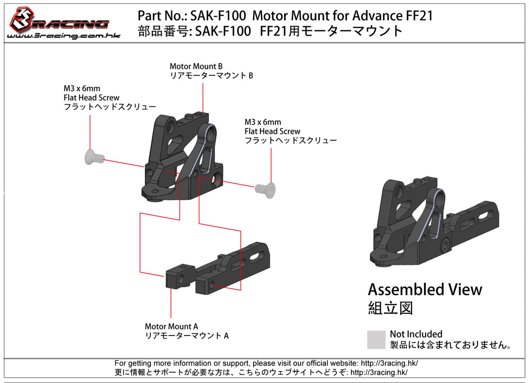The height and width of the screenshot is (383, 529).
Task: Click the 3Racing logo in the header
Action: pyautogui.click(x=59, y=21)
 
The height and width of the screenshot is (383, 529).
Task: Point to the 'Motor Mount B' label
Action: pyautogui.click(x=196, y=66)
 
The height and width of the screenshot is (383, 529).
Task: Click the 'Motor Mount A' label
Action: pyautogui.click(x=171, y=326)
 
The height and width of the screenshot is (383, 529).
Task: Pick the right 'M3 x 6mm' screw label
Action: pyautogui.click(x=262, y=122)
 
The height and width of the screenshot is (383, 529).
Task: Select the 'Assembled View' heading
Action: pyautogui.click(x=425, y=290)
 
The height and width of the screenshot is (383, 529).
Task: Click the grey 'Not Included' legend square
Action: pyautogui.click(x=376, y=340)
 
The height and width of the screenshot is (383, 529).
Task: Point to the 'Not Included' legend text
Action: pyautogui.click(x=416, y=334)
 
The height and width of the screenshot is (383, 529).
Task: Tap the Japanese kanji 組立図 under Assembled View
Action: pyautogui.click(x=390, y=309)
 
